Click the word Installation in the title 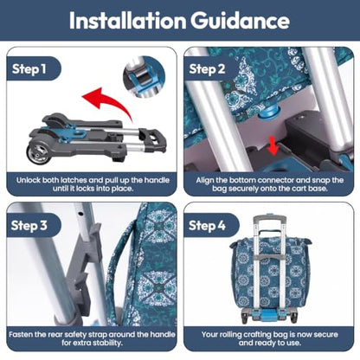[127, 21]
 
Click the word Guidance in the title [240, 21]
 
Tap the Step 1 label [29, 69]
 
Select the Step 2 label [207, 69]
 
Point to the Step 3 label [29, 225]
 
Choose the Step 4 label [207, 225]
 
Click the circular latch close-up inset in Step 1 [144, 77]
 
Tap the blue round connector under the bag [267, 113]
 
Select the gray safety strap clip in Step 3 [84, 268]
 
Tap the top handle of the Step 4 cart [269, 219]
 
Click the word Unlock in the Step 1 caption [29, 180]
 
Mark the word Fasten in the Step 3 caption [20, 335]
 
